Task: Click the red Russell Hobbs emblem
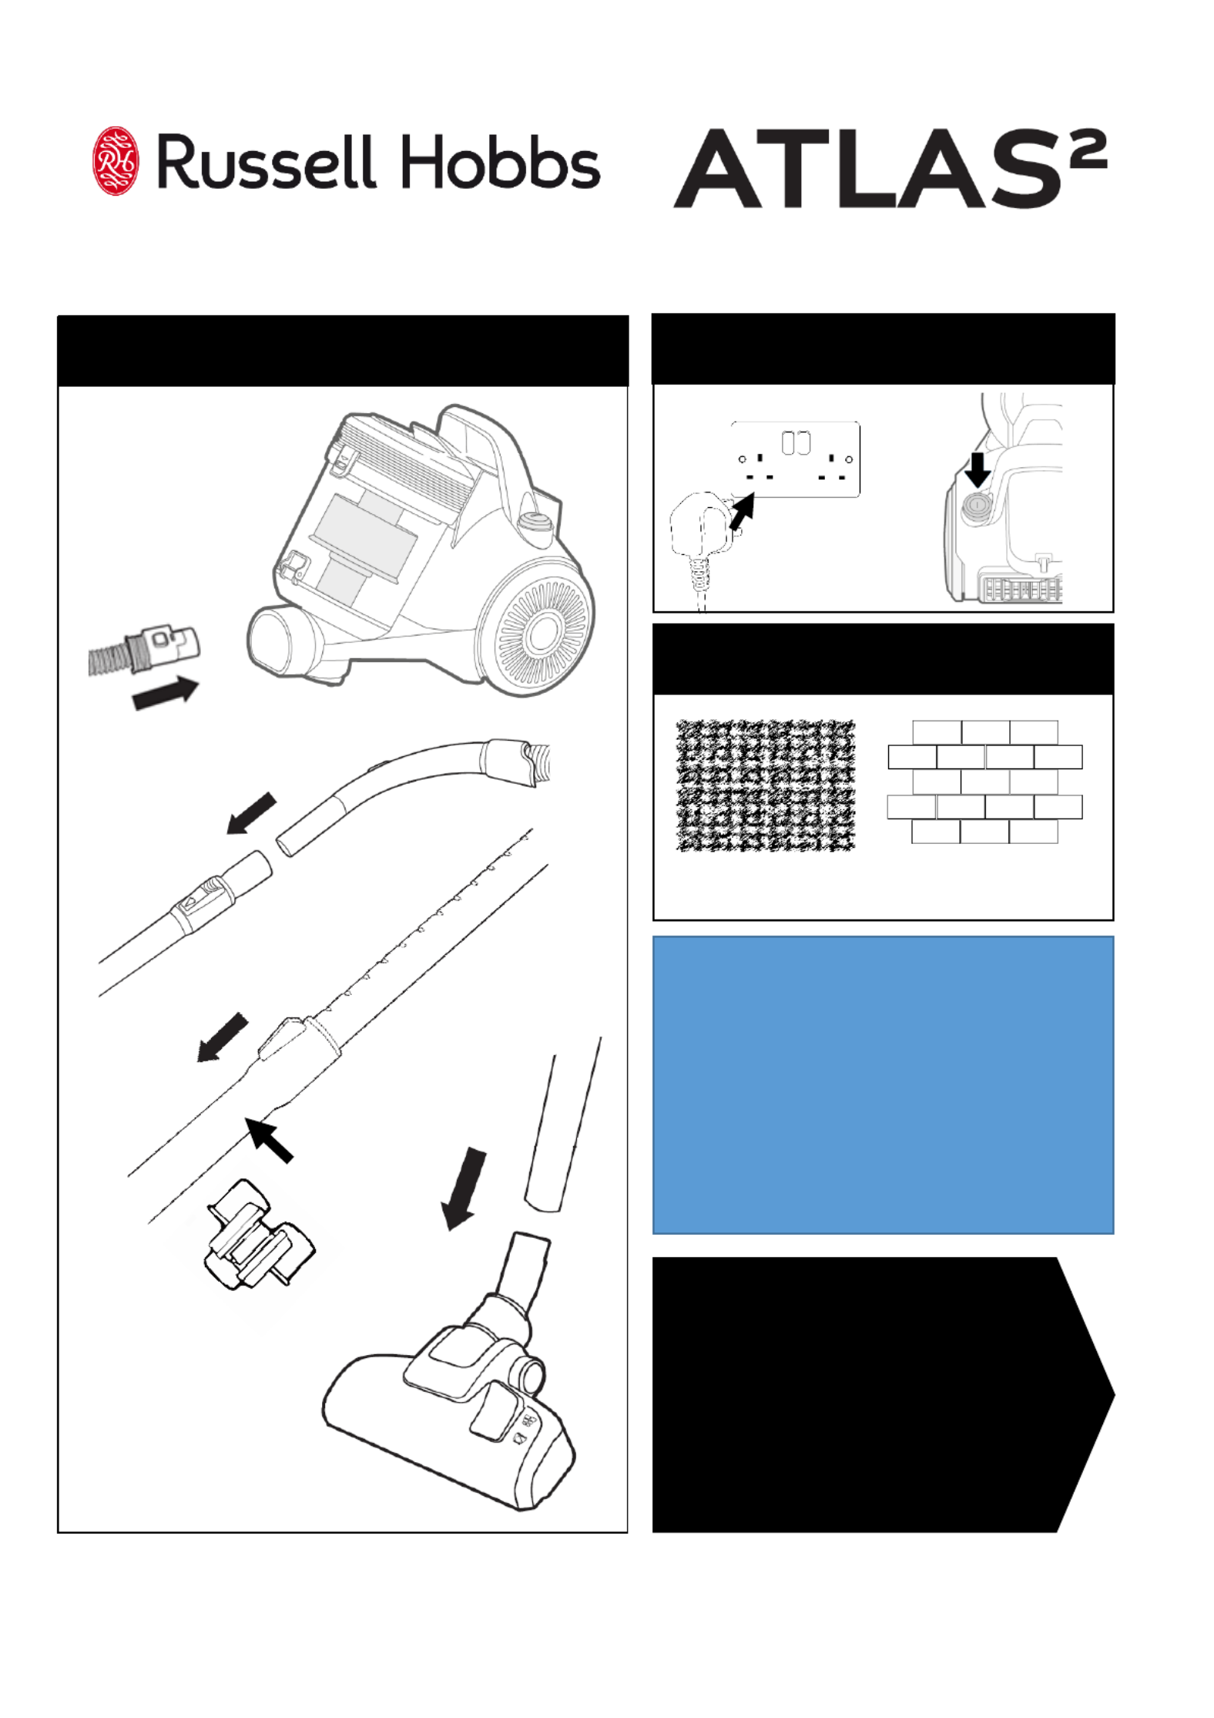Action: [x=116, y=161]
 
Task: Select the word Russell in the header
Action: [x=267, y=162]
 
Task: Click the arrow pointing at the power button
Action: [x=978, y=469]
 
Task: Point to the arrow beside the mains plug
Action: [x=741, y=512]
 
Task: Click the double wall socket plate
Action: [x=795, y=459]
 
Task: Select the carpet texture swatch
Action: [x=766, y=785]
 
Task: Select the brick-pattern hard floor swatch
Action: [x=984, y=782]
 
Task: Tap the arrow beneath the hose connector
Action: [x=166, y=692]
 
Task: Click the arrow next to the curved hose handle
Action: [x=251, y=813]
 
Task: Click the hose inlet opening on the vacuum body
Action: [x=279, y=639]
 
